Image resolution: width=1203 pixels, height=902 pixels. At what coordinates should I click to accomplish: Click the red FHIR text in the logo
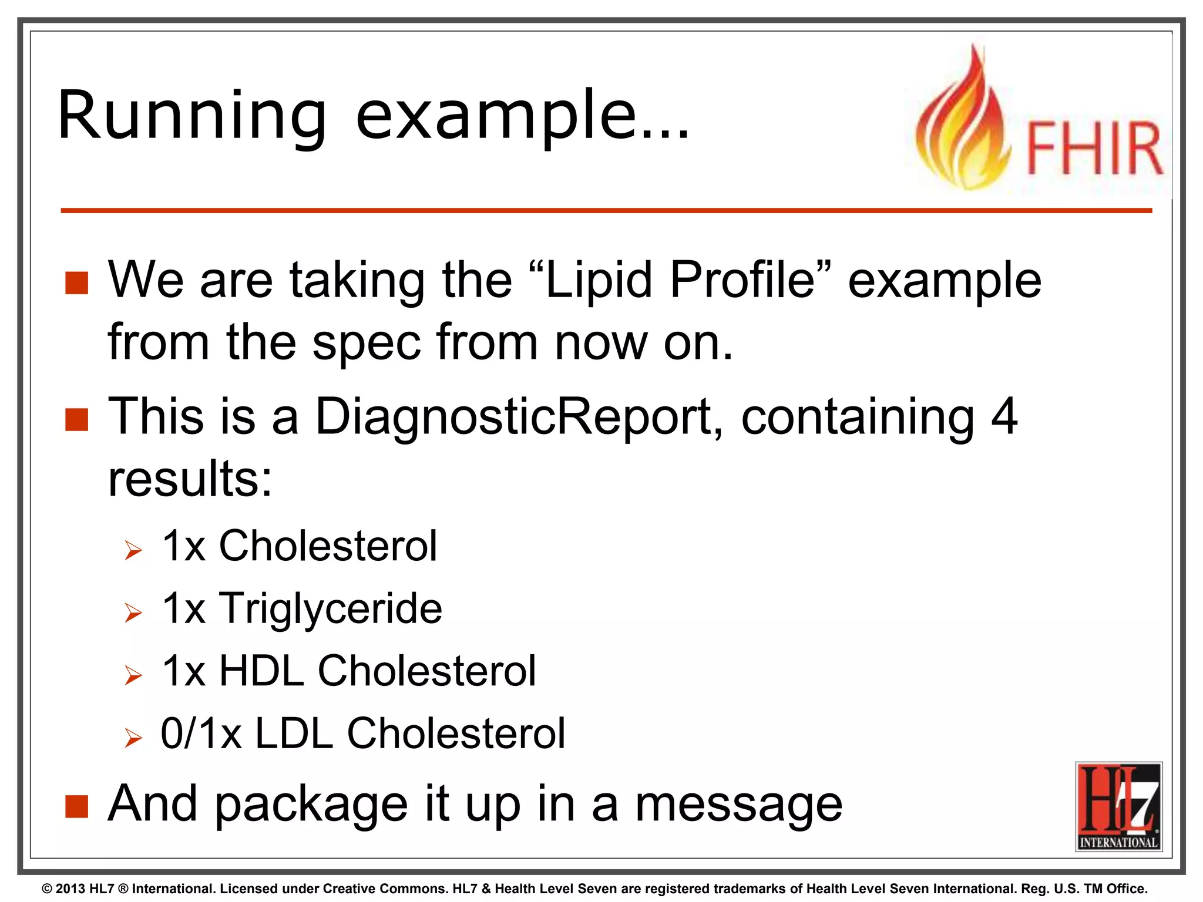click(x=1094, y=149)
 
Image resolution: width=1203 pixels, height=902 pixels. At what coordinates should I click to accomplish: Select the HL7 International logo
click(x=1118, y=806)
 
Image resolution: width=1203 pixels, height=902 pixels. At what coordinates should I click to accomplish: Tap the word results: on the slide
click(x=190, y=479)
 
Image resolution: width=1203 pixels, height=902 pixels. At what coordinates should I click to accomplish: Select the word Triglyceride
click(x=331, y=608)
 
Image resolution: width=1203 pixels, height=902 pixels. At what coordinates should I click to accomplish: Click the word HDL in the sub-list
click(x=261, y=671)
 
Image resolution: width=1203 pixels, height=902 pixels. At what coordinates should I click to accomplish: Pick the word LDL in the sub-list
click(x=294, y=733)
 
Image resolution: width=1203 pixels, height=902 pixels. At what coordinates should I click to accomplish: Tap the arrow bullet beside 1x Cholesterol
click(x=133, y=551)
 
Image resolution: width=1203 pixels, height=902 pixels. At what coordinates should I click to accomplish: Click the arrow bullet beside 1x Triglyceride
click(x=133, y=614)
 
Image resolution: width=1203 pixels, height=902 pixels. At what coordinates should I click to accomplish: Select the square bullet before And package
click(x=76, y=807)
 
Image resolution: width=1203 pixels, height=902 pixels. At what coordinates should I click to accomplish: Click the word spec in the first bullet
click(x=366, y=342)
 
